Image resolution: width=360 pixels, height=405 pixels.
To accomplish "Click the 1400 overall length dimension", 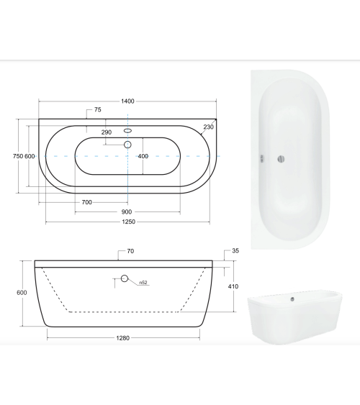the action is pos(127,101).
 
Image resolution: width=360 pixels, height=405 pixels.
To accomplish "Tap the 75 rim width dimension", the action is pos(98,110).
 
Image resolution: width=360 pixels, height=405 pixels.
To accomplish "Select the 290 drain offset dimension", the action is pos(107,132).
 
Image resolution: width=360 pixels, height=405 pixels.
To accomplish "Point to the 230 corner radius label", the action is pos(209,127).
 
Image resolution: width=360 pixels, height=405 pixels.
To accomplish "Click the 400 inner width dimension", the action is pos(143,156).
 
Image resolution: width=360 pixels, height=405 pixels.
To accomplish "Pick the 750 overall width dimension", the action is pos(18,156).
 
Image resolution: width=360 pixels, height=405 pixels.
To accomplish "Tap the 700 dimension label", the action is pos(87,202).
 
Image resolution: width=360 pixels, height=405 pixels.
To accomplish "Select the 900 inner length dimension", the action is pos(127,211).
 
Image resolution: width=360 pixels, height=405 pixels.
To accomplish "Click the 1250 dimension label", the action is pos(128,222).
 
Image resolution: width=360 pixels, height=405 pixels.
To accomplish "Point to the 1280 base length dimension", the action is pos(122,338).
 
